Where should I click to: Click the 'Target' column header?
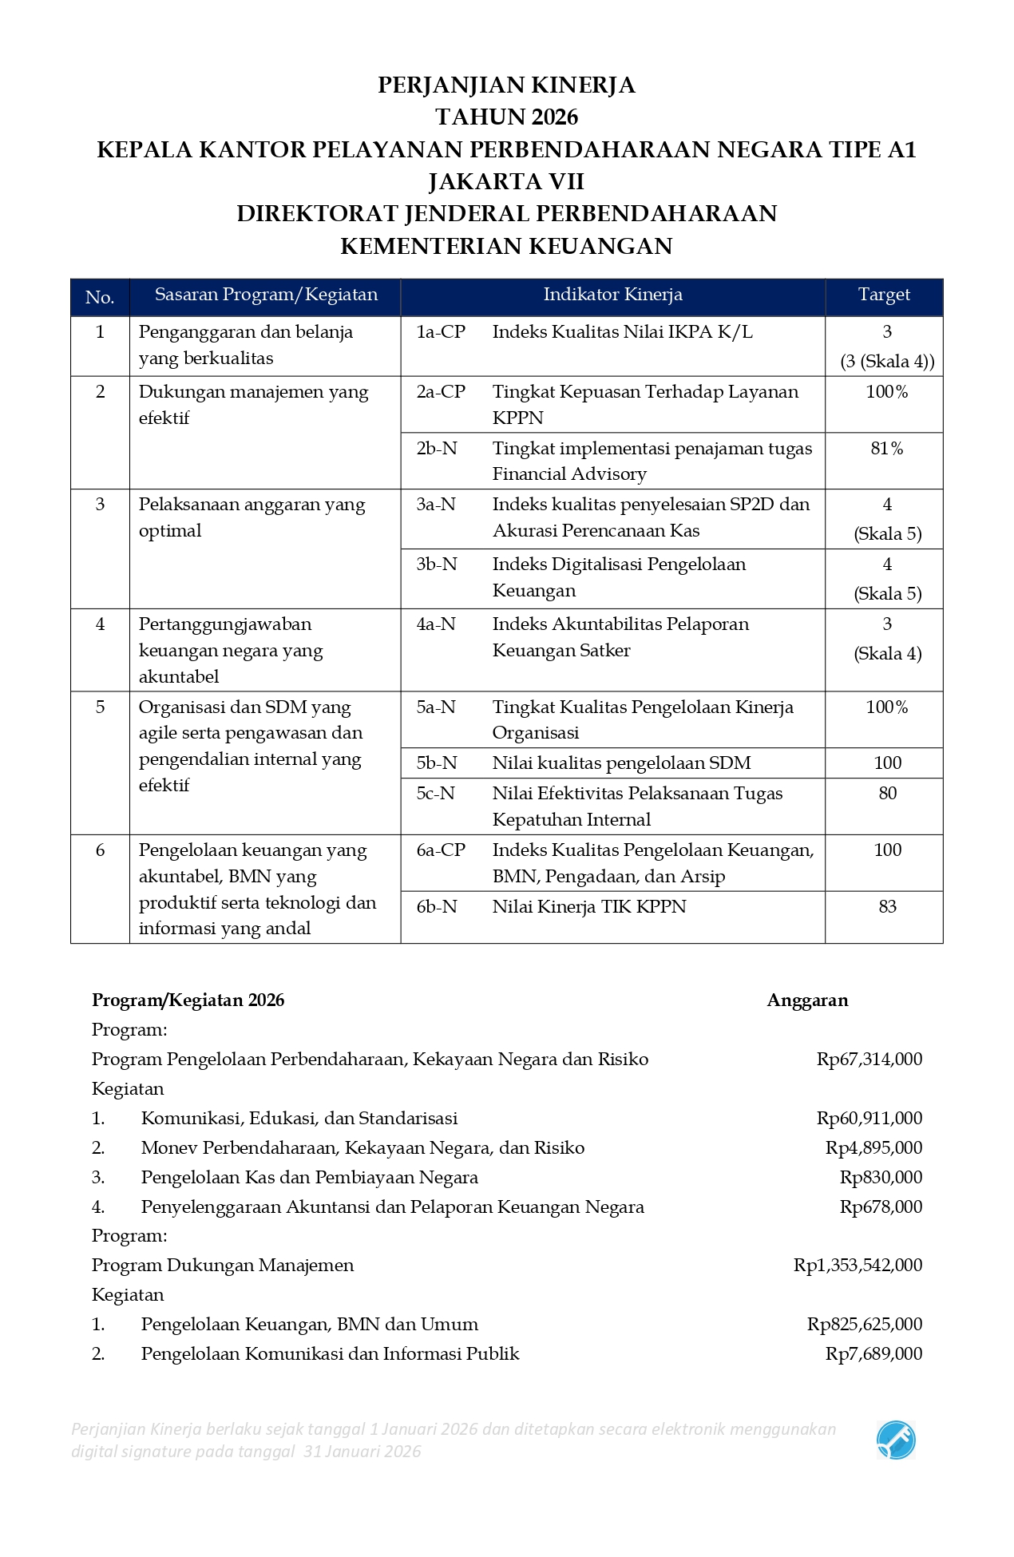[x=884, y=295]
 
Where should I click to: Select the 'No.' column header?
[x=100, y=297]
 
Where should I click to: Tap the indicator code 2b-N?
[x=437, y=448]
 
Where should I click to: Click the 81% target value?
[x=887, y=448]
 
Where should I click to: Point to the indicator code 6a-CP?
[x=441, y=850]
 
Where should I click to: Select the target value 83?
[x=887, y=906]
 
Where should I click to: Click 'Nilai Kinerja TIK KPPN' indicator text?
[x=589, y=906]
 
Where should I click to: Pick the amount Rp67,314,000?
[x=869, y=1059]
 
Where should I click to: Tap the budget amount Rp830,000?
[x=881, y=1177]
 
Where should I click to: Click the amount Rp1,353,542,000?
[x=858, y=1265]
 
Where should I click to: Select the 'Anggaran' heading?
[x=807, y=1000]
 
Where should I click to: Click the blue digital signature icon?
[x=896, y=1440]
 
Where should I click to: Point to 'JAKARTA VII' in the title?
[x=506, y=181]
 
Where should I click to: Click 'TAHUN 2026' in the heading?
[x=506, y=117]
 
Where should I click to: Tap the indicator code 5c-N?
[x=436, y=793]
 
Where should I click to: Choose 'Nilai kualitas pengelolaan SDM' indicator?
[x=621, y=763]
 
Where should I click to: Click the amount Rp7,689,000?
[x=873, y=1353]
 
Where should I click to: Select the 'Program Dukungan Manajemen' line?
[x=223, y=1265]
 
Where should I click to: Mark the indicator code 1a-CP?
[x=441, y=331]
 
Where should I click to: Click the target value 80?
[x=887, y=793]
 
